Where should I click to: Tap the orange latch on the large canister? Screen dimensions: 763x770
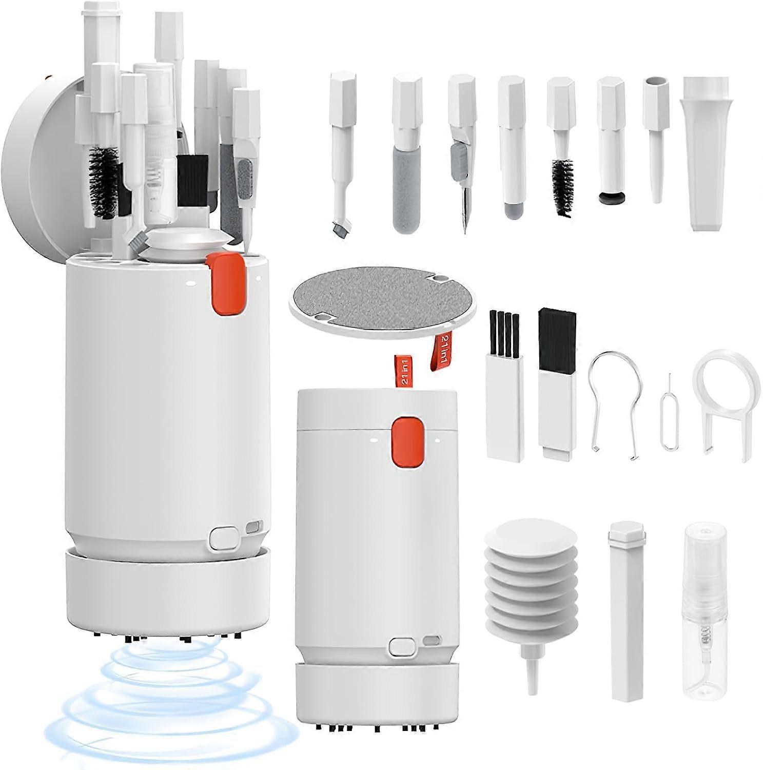pyautogui.click(x=225, y=282)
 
